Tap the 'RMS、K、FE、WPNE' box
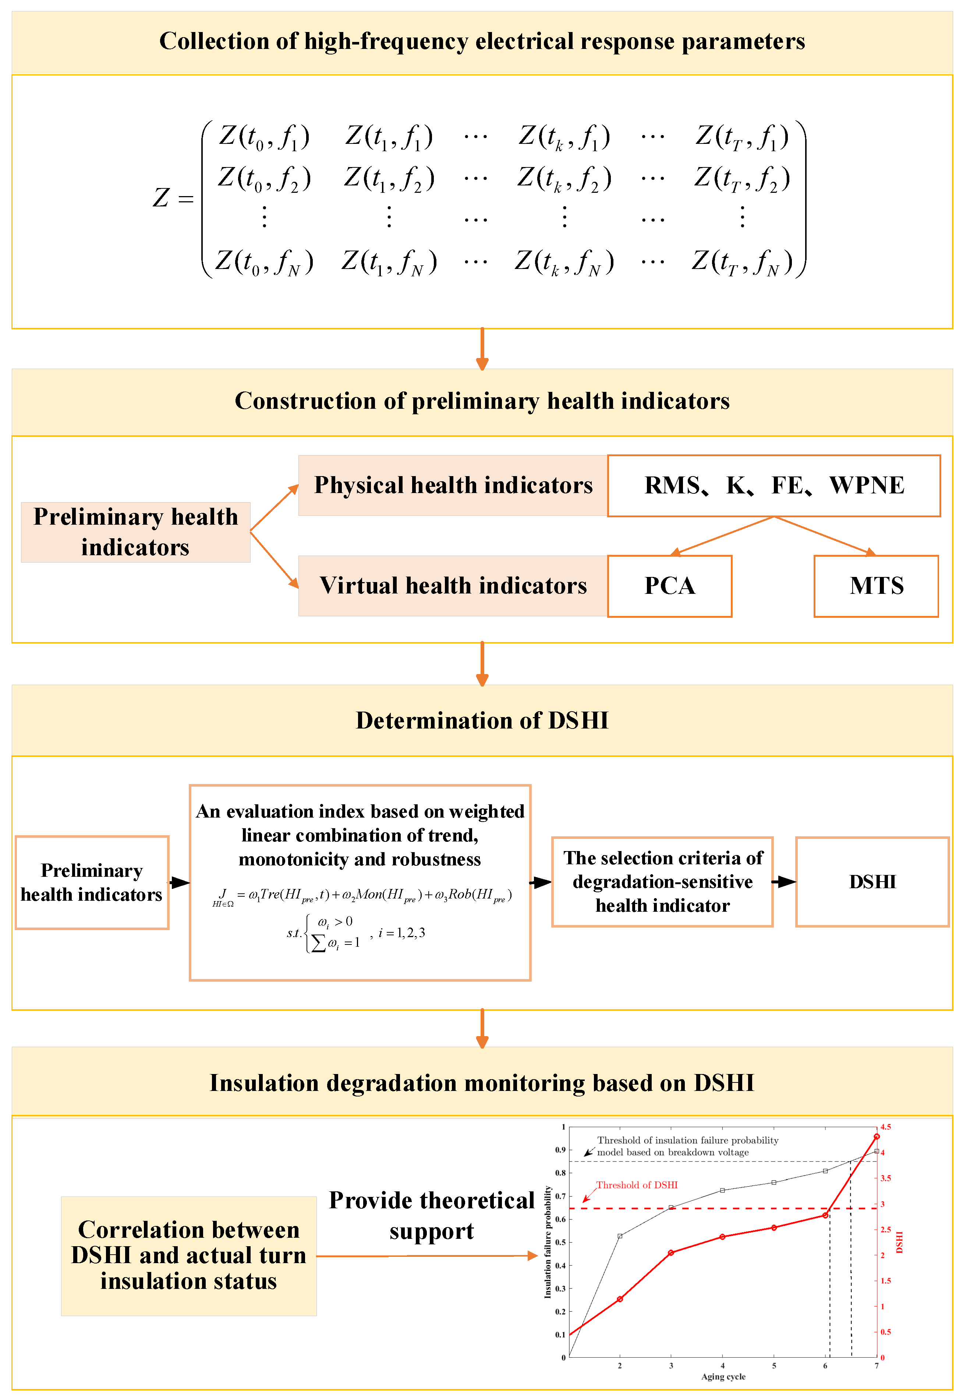point(773,486)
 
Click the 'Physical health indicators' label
point(453,486)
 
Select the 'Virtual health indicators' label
point(453,586)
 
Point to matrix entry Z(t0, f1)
point(264,137)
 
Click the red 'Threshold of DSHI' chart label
point(637,1185)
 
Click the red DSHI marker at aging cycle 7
point(877,1137)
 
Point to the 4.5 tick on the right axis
point(885,1127)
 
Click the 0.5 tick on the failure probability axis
point(560,1243)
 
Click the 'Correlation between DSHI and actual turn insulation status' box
point(188,1255)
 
